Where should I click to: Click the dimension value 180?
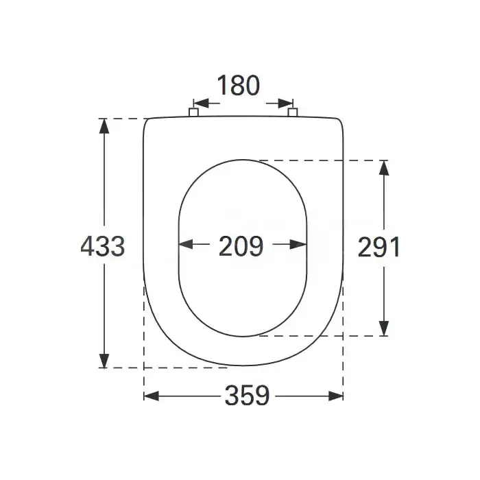pos(239,86)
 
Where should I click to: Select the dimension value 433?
pos(103,246)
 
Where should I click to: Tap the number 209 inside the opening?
pos(241,246)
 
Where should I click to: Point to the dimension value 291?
pos(379,247)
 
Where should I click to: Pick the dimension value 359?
pos(248,396)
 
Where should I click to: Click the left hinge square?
pos(193,112)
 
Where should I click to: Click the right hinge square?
pos(293,112)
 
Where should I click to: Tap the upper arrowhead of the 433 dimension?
pos(104,125)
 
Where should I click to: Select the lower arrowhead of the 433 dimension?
pos(104,361)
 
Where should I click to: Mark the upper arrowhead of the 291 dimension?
pos(384,168)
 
